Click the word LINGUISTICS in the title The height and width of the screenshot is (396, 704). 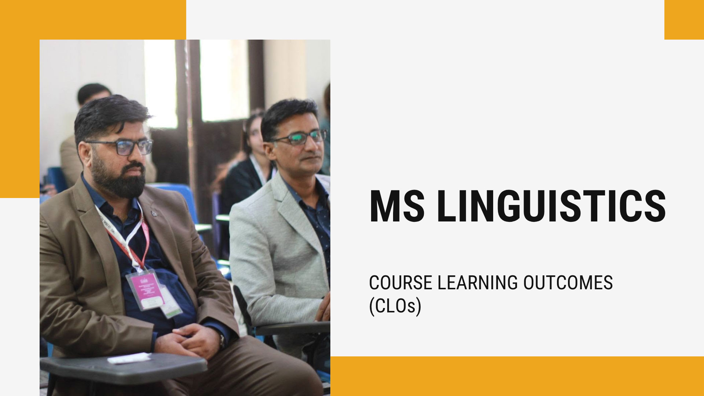(551, 206)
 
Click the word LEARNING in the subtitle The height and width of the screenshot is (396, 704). (478, 283)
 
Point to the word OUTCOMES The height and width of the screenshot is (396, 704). (568, 283)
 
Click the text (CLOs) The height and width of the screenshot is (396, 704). (395, 306)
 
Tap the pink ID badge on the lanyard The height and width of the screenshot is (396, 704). (145, 290)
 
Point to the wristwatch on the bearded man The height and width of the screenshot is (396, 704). (221, 341)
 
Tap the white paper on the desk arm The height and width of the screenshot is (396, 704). (129, 358)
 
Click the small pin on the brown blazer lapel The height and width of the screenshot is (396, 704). (154, 213)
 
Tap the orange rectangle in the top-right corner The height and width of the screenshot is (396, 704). (684, 20)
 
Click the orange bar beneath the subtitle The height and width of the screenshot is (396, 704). (517, 376)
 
